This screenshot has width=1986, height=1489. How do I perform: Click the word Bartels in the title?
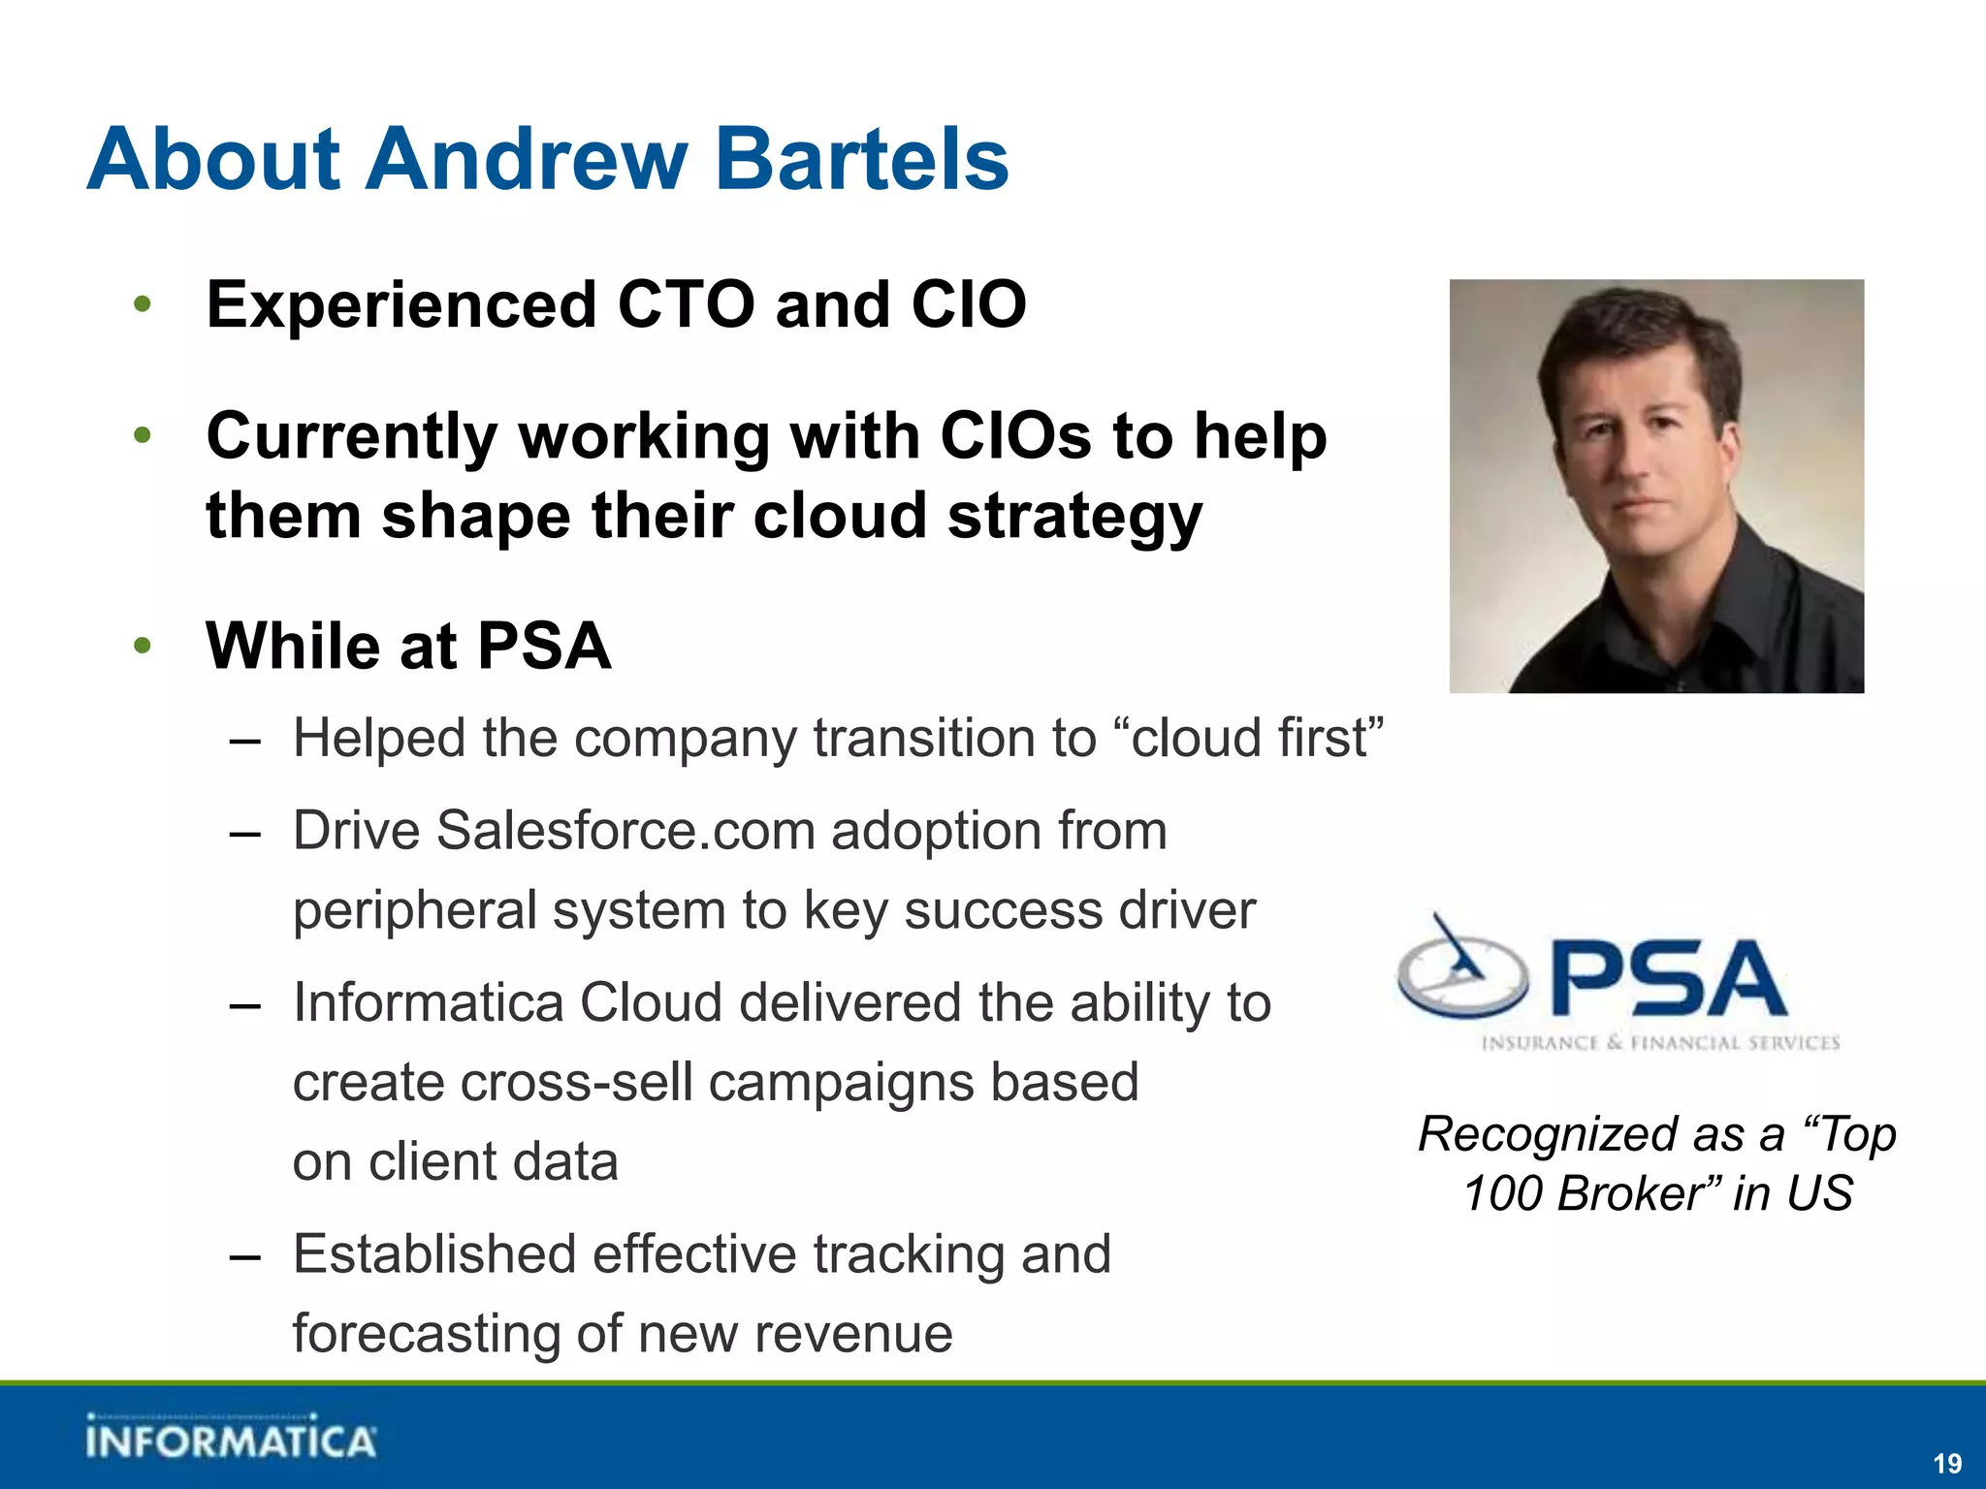[861, 160]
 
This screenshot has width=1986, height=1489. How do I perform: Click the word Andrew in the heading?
[527, 160]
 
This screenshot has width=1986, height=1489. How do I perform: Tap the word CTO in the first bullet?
[685, 305]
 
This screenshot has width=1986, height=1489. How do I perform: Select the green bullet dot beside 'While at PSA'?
[143, 645]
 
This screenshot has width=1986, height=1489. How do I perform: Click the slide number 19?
[1947, 1463]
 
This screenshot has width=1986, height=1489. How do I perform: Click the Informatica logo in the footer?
[230, 1439]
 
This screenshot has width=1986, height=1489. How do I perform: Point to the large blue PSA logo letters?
[1668, 979]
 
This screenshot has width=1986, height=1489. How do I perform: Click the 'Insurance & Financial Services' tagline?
[1660, 1043]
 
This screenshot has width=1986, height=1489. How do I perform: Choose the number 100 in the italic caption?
[1502, 1193]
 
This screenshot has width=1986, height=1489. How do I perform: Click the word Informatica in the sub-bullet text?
[428, 1002]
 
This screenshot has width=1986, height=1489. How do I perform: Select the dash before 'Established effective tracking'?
[245, 1256]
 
